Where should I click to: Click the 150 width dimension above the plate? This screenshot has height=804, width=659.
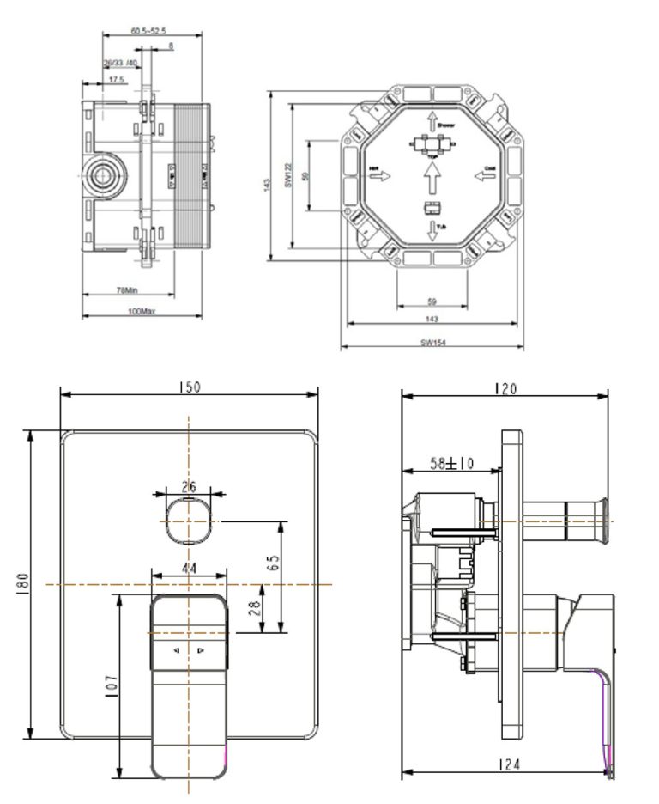189,387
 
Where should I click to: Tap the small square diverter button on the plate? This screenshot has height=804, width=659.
187,520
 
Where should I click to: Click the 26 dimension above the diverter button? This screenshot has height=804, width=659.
189,487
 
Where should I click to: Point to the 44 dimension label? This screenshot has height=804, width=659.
189,568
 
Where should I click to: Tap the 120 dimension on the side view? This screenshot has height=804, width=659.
505,388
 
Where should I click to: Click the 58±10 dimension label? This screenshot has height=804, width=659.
451,464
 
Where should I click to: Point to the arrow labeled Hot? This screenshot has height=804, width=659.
378,175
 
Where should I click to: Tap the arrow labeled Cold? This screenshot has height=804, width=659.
485,175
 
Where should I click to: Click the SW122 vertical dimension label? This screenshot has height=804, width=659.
290,177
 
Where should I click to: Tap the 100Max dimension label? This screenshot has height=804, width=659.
142,312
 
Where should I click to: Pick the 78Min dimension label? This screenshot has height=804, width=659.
126,290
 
